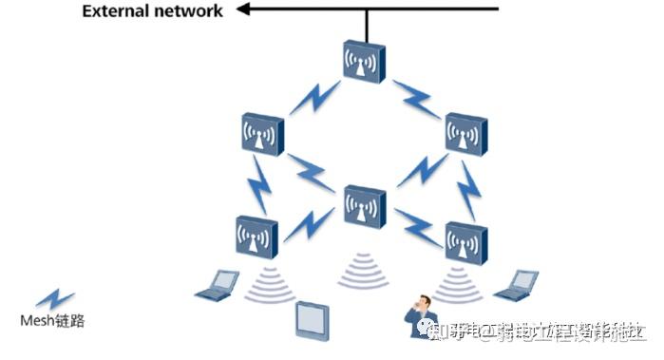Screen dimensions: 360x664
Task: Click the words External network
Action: pos(152,11)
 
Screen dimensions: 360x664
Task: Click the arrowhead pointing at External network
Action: pos(245,10)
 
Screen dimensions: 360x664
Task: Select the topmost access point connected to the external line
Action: pos(363,62)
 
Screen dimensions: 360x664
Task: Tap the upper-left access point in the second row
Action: pos(261,135)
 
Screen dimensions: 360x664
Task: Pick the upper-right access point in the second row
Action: pos(465,135)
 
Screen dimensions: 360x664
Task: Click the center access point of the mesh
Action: pos(363,205)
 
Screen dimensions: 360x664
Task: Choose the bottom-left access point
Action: pos(256,237)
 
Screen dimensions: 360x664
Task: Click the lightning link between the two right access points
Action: pos(467,188)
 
